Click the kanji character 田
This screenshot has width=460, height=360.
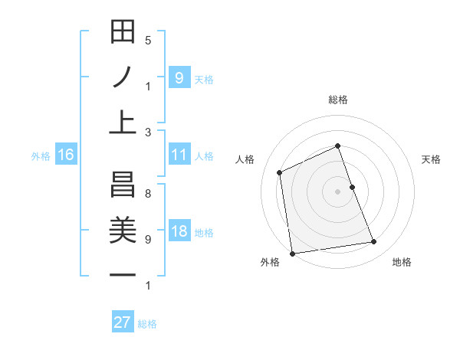point(123,33)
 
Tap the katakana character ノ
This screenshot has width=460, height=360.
point(123,77)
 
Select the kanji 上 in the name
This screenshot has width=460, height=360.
point(123,121)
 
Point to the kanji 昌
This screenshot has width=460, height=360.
point(123,185)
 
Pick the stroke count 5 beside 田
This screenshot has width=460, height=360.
point(148,40)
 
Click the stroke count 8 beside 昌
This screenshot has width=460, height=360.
point(148,194)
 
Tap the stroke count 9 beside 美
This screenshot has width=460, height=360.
point(148,239)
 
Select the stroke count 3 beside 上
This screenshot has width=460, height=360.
point(148,132)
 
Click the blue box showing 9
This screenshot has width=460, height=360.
point(179,77)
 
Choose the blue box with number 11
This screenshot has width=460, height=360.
point(179,155)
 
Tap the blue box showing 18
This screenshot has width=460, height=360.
point(179,232)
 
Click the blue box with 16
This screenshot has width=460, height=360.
point(66,155)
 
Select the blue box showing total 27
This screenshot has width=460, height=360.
point(123,322)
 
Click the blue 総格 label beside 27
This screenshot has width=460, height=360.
point(148,324)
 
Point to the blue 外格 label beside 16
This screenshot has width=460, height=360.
point(41,156)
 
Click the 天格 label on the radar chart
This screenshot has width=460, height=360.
point(431,159)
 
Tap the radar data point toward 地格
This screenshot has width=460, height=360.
point(374,242)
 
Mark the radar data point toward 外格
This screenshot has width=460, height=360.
point(292,253)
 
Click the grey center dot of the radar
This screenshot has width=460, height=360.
point(337,191)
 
